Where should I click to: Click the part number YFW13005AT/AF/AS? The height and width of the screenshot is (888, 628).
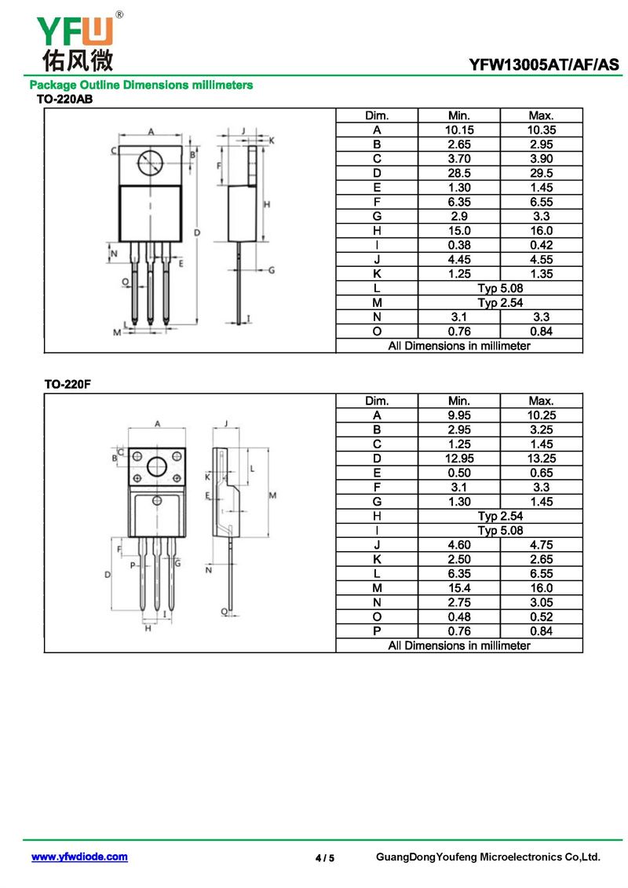pyautogui.click(x=544, y=64)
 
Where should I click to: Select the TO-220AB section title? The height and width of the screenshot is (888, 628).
pyautogui.click(x=64, y=99)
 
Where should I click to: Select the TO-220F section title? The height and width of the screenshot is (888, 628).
pyautogui.click(x=68, y=385)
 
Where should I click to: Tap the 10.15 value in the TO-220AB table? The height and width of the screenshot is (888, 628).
pyautogui.click(x=458, y=130)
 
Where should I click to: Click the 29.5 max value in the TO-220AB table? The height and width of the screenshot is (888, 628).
pyautogui.click(x=542, y=174)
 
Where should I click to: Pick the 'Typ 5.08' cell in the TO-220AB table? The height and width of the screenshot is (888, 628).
pyautogui.click(x=500, y=288)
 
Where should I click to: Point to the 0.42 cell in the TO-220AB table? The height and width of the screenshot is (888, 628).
pyautogui.click(x=542, y=245)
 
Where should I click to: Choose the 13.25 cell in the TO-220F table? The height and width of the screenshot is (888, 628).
pyautogui.click(x=542, y=459)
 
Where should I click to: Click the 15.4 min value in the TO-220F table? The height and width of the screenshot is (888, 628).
pyautogui.click(x=458, y=588)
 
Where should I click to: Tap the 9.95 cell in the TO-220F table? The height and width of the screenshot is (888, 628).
pyautogui.click(x=458, y=415)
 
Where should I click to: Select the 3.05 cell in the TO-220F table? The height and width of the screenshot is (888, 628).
pyautogui.click(x=542, y=602)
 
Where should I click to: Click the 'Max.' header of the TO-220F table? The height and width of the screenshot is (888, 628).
pyautogui.click(x=542, y=401)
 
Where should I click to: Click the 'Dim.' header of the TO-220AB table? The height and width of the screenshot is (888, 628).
pyautogui.click(x=377, y=115)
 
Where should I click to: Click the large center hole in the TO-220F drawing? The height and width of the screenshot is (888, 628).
pyautogui.click(x=157, y=466)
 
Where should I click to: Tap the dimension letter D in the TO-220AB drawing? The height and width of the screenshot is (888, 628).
pyautogui.click(x=197, y=232)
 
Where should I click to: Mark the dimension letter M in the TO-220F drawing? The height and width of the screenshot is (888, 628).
pyautogui.click(x=272, y=495)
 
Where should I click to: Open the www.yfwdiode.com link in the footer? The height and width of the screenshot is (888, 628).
pyautogui.click(x=79, y=857)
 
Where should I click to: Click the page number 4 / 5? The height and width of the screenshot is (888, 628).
pyautogui.click(x=325, y=858)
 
